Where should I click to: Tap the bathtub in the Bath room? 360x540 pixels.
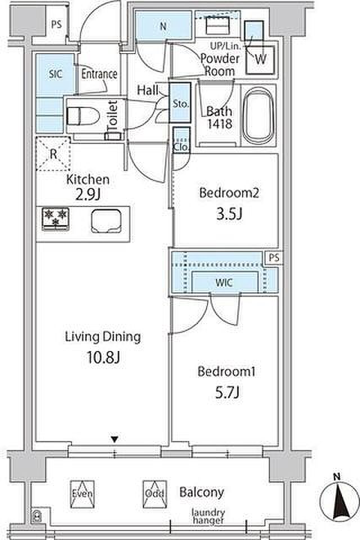click(258, 116)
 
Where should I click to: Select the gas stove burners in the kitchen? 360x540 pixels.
click(56, 218)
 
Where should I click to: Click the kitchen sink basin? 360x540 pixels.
click(106, 220)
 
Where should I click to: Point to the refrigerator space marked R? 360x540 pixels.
click(53, 154)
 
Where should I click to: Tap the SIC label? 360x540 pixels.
click(56, 74)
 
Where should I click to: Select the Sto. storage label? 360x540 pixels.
click(180, 103)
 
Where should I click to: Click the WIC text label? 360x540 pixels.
click(224, 283)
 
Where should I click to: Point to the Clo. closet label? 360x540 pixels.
click(181, 147)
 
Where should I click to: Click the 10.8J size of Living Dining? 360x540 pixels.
click(103, 358)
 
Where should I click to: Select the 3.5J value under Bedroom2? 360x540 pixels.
click(229, 214)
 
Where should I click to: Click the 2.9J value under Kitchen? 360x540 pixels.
click(88, 195)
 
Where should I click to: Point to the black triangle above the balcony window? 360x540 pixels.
click(114, 439)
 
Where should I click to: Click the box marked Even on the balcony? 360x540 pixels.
click(82, 494)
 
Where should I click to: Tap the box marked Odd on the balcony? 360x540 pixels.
click(155, 494)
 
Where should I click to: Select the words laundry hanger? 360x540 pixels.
click(209, 516)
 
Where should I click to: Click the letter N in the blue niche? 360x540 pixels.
click(163, 26)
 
